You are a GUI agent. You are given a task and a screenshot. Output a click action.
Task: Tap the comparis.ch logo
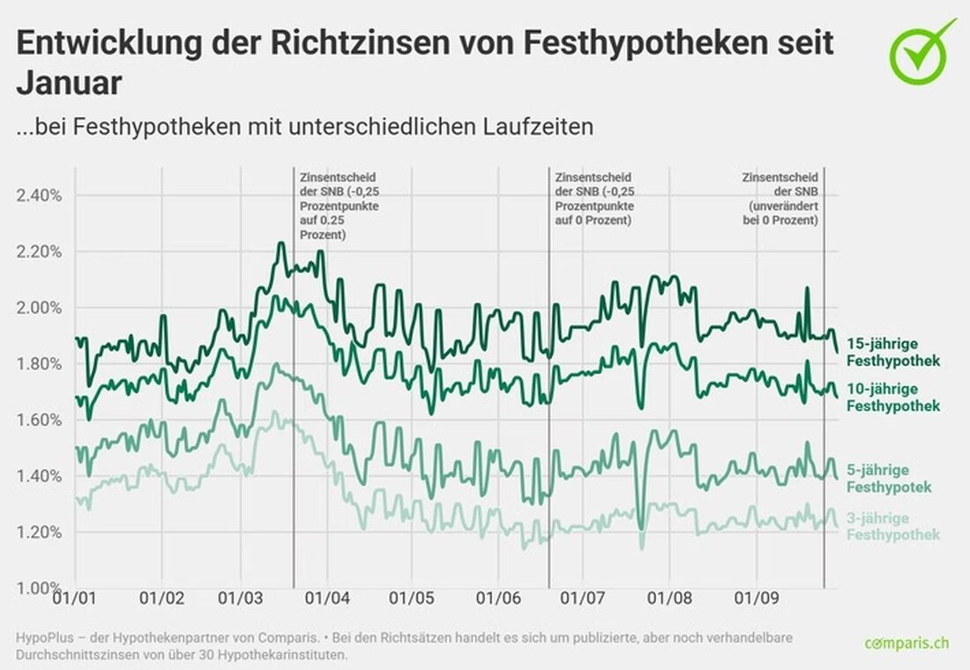point(907,642)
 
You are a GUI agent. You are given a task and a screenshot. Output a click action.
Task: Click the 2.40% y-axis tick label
point(39,195)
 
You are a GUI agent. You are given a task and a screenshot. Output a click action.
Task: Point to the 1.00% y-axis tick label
point(39,588)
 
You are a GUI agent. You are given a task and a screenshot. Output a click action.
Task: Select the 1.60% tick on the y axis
point(39,420)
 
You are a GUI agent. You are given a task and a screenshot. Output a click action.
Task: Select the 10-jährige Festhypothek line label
point(892,397)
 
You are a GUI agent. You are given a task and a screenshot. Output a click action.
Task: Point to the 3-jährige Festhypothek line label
point(892,526)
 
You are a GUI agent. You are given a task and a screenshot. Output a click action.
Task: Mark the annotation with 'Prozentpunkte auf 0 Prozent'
point(594,198)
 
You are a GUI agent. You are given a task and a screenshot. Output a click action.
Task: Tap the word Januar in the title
point(68,84)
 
